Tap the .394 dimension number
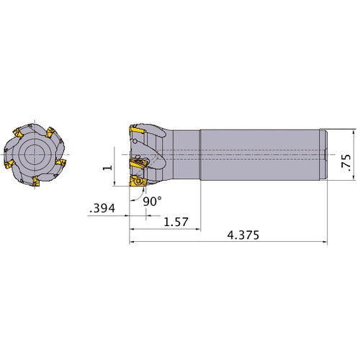(x=102, y=210)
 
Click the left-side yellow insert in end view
(x=9, y=167)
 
